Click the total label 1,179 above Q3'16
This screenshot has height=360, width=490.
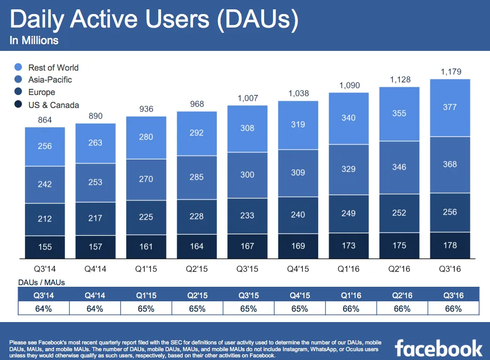point(450,72)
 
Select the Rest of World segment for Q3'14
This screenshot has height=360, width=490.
point(45,146)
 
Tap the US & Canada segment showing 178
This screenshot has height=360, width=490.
point(450,245)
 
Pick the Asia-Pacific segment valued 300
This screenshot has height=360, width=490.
point(248,175)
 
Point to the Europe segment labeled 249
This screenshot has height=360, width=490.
point(349,214)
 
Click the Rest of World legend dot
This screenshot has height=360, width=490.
point(19,68)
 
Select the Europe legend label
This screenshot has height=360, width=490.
point(42,92)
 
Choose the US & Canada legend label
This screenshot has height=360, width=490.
point(53,105)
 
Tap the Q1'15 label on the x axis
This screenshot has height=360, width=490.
point(146,269)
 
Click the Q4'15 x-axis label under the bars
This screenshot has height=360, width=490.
point(298,269)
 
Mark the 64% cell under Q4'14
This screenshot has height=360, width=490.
point(96,309)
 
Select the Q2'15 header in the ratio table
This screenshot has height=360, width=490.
point(197,296)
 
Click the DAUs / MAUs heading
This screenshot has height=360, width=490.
point(42,282)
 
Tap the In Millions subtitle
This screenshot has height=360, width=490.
point(34,40)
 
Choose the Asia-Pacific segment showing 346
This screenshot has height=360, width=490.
point(399,167)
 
